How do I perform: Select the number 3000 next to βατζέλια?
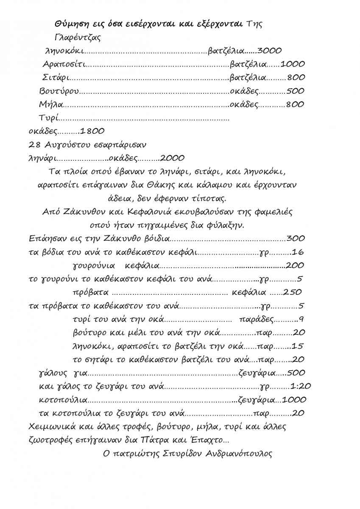click(269, 51)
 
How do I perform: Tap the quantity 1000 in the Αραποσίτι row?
click(293, 64)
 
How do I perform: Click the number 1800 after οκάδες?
click(92, 131)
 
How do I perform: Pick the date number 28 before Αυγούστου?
click(34, 145)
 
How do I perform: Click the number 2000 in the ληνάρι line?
click(172, 158)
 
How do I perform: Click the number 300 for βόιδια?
click(296, 239)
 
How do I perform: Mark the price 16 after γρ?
click(298, 252)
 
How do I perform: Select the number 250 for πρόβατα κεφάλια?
click(292, 293)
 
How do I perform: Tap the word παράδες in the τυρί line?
click(257, 319)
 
